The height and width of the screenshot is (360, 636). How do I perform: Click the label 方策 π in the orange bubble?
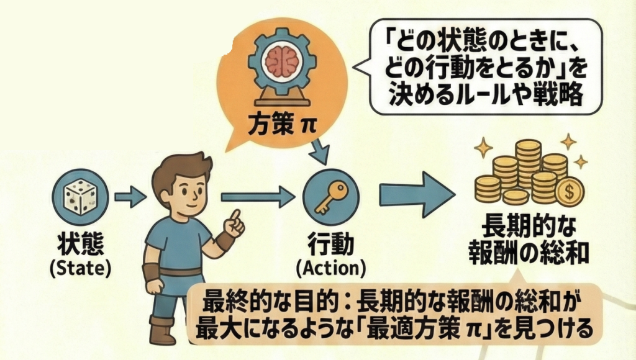click(x=283, y=123)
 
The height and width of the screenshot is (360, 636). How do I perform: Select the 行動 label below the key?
click(x=330, y=244)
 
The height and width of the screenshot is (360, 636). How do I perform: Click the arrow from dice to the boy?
click(x=130, y=199)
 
